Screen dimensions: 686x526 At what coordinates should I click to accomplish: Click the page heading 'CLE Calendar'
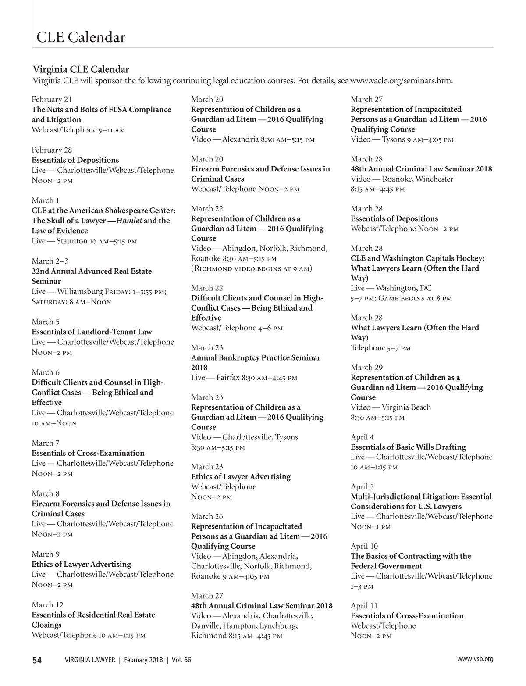click(x=81, y=37)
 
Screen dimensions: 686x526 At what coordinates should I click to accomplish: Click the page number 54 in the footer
click(x=37, y=660)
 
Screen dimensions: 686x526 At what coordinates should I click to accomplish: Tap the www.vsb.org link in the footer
click(x=475, y=659)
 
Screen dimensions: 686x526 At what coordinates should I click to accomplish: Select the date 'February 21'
click(x=52, y=100)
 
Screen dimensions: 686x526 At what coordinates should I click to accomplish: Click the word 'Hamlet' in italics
click(x=129, y=221)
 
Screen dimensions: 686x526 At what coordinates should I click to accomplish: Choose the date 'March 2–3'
click(x=50, y=261)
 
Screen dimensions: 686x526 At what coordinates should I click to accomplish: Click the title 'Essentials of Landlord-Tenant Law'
click(x=92, y=332)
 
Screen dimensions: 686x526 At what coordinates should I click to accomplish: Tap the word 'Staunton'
click(x=72, y=241)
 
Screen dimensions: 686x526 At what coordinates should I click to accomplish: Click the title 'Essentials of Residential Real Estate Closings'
click(x=93, y=620)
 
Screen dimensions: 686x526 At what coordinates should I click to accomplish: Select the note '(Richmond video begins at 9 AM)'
click(x=252, y=268)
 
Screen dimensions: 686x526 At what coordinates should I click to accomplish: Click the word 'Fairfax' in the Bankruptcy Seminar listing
click(x=227, y=378)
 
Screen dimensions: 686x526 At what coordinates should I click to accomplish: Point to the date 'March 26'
click(x=207, y=516)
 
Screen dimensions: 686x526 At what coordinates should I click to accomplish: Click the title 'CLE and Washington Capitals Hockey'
click(x=417, y=258)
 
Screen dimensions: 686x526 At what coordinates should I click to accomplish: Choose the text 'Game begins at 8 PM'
click(x=415, y=298)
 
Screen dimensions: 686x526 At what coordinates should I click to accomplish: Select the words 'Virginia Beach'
click(x=406, y=407)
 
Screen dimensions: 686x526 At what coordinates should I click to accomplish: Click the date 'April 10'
click(x=364, y=546)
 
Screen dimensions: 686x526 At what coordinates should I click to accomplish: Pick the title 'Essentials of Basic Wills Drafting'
click(x=408, y=447)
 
